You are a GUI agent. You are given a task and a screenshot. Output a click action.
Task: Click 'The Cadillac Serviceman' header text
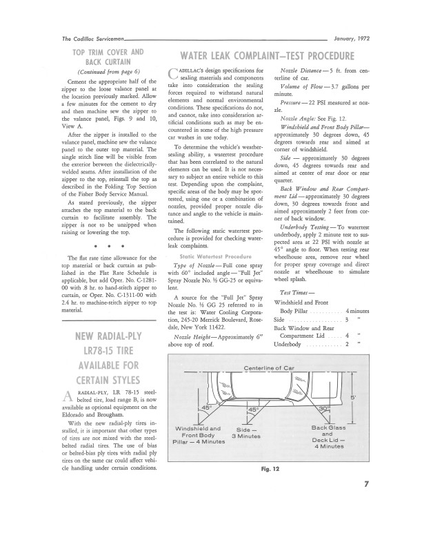90,40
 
